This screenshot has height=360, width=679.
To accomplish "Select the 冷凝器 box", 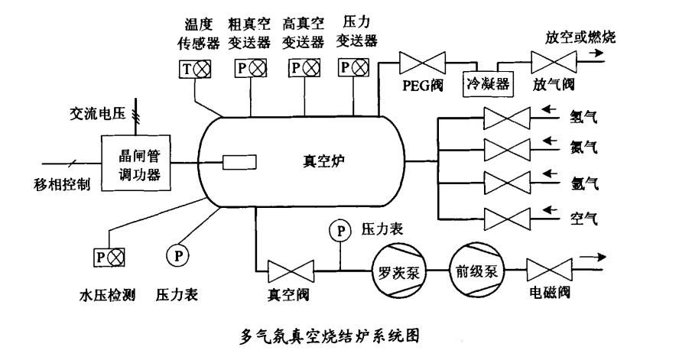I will (486, 80).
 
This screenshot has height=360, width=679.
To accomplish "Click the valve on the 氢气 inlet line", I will (508, 119).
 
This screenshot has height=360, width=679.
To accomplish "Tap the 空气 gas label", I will (583, 219).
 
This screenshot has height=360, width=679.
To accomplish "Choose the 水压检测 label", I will (107, 294).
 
